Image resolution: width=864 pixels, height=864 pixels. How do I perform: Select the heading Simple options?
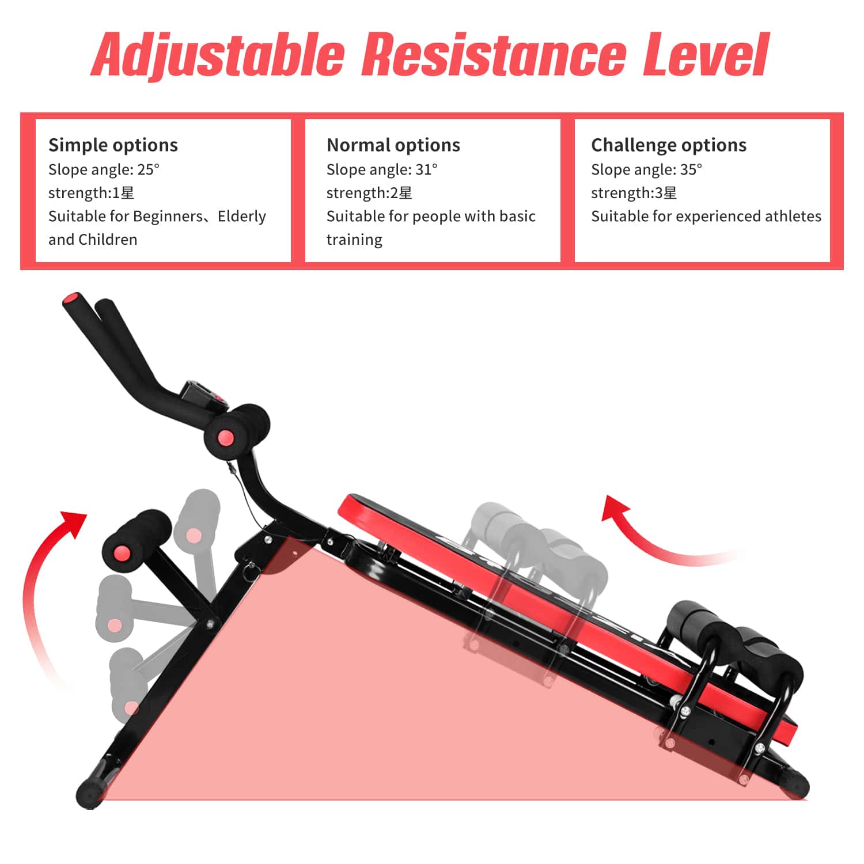coord(113,145)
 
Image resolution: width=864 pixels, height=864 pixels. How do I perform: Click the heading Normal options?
coord(393,145)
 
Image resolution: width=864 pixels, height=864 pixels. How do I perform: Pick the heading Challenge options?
coord(668,145)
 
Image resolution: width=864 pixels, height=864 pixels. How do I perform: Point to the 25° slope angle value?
coord(149,169)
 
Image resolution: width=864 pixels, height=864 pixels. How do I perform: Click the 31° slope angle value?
coord(426,169)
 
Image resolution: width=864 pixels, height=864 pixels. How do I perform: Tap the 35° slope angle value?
coord(691,169)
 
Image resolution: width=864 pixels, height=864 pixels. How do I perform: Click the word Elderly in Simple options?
coord(242,216)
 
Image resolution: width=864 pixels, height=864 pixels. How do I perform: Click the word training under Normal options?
coord(354,240)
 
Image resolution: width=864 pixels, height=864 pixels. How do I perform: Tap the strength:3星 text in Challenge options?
coord(634,193)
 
